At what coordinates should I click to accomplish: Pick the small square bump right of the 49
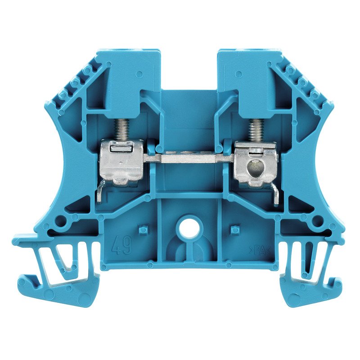[x=143, y=230]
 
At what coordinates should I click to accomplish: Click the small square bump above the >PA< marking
[x=234, y=230]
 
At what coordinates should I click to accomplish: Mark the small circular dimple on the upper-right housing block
[x=238, y=73]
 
